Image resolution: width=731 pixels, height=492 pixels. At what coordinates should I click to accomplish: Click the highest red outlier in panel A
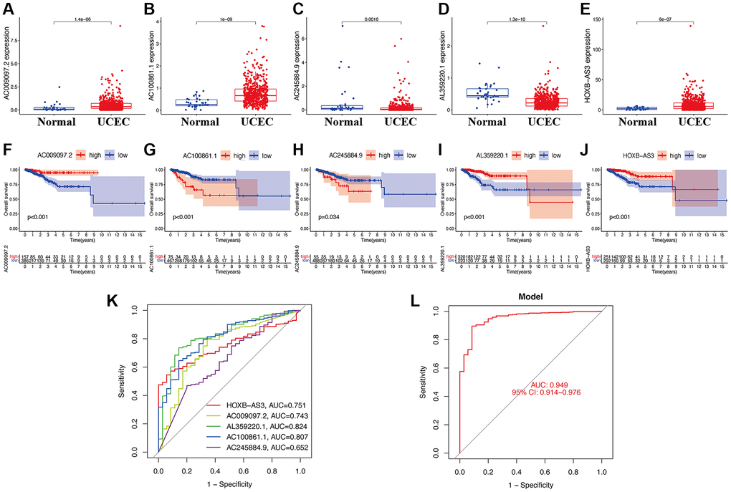(120, 26)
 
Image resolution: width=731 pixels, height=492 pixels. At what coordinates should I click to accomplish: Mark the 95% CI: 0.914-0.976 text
(545, 392)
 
